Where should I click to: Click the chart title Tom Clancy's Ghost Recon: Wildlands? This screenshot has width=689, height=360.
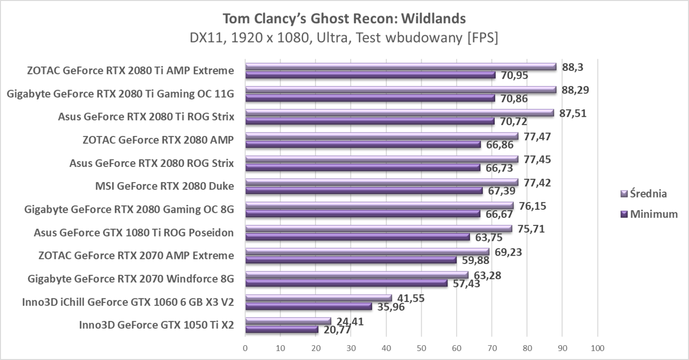344,19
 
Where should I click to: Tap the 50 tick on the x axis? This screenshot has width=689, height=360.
421,348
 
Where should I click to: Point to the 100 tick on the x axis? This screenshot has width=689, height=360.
597,348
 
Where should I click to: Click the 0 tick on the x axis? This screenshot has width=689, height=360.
245,348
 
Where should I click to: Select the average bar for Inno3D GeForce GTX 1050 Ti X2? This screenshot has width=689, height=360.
288,321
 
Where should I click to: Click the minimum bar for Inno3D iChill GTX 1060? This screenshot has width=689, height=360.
309,306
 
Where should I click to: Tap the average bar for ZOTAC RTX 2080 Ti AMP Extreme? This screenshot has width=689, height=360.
401,66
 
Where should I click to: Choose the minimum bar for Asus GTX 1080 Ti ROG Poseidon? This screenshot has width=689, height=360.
357,237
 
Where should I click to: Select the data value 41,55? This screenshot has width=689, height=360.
411,298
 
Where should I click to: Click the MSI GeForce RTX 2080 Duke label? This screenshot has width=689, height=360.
164,186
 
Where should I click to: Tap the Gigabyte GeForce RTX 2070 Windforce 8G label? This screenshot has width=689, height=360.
131,279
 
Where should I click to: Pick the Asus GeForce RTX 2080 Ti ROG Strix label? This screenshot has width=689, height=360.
146,117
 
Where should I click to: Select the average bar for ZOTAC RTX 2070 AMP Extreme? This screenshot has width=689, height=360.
367,252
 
